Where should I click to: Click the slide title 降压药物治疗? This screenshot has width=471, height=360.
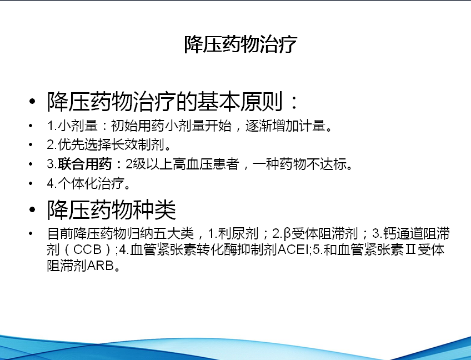(240, 44)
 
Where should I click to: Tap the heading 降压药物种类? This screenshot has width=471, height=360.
(112, 209)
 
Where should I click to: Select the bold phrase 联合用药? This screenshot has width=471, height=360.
(85, 164)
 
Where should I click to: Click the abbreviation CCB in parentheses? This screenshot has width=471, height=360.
(87, 249)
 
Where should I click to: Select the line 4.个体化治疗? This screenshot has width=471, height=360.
(89, 183)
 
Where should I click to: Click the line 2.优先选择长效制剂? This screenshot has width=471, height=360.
(109, 145)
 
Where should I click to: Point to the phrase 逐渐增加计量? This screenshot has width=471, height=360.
(285, 126)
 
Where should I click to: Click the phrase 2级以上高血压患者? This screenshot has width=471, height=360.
(182, 164)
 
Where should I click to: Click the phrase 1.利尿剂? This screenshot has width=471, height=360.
(233, 233)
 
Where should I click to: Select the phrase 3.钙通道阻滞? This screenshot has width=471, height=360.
(410, 233)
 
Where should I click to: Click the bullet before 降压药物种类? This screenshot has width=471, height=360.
(32, 209)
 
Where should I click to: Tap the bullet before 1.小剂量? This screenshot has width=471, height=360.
(31, 126)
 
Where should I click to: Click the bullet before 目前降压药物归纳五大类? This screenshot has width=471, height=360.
(31, 233)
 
